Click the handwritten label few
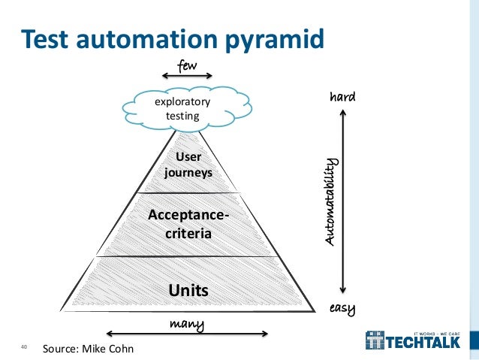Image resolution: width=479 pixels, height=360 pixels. [x=188, y=66]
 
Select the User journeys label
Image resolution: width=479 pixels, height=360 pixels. [x=188, y=165]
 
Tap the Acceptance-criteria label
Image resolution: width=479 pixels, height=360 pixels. [x=188, y=225]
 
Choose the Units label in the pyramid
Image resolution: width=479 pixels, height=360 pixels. [x=188, y=289]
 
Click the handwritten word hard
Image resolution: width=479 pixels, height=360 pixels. [x=342, y=98]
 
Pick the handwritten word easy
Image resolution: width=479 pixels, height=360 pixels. [x=342, y=308]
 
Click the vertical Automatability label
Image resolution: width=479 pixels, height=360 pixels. [x=333, y=203]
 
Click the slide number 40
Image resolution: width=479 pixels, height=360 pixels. [x=24, y=347]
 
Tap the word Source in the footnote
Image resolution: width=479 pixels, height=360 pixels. [x=60, y=349]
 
